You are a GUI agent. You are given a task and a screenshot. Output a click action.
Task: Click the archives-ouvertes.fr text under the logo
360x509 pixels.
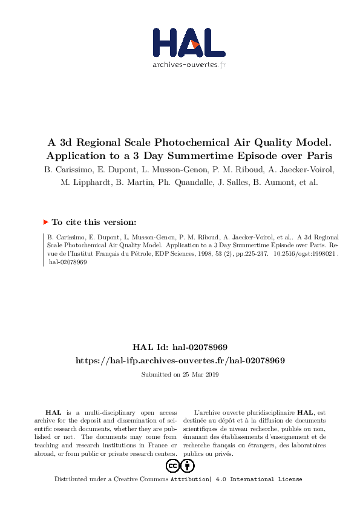(x=189, y=64)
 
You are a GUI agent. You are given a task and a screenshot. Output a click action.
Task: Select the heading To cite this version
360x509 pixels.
(x=94, y=222)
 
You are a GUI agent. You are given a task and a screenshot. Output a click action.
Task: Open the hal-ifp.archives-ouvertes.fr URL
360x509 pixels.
(x=180, y=360)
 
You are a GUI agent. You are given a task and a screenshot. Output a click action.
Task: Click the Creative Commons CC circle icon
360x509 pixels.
(x=172, y=465)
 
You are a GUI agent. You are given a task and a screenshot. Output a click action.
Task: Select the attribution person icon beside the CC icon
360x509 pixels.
(x=188, y=465)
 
